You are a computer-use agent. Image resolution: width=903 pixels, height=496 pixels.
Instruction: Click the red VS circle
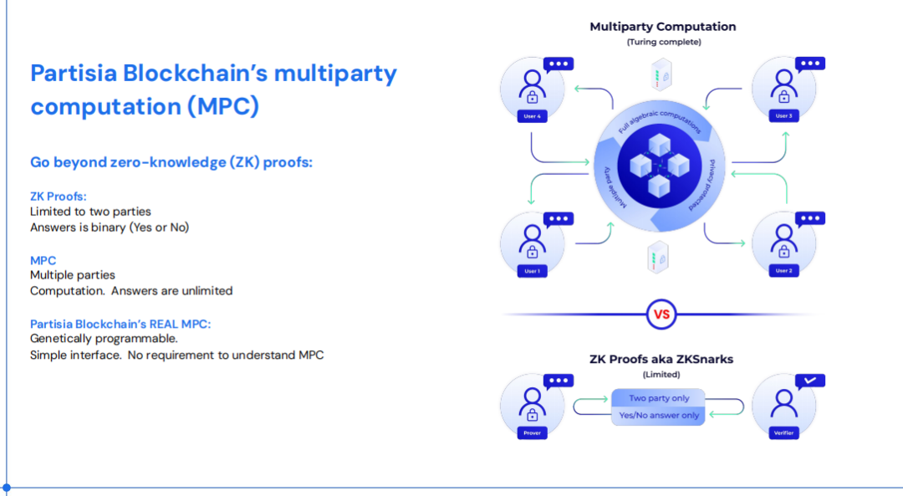(x=661, y=315)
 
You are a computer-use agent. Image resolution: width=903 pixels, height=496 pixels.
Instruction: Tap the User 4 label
(x=532, y=116)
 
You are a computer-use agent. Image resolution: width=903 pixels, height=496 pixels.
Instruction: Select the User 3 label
(x=783, y=116)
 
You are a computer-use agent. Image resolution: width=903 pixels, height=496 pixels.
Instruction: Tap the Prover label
(x=532, y=433)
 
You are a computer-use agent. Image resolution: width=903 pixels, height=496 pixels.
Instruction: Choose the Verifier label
(x=783, y=433)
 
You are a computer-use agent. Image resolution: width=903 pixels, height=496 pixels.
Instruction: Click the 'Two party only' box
(x=658, y=398)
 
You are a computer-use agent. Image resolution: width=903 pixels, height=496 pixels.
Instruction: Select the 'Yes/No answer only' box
(x=658, y=415)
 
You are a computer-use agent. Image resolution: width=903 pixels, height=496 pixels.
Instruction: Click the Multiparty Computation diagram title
(x=663, y=27)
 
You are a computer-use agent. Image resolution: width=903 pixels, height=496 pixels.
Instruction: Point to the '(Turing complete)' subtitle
(x=664, y=42)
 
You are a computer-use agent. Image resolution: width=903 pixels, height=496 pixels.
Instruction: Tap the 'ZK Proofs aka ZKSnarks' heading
(x=662, y=360)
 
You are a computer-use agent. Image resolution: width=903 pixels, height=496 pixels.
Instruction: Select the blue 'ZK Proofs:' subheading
(x=59, y=197)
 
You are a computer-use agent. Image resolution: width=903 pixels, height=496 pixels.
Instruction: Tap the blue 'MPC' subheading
(x=43, y=261)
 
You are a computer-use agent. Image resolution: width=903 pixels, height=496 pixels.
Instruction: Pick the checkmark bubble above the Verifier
(x=809, y=381)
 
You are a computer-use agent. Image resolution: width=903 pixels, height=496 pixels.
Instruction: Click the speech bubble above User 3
(x=809, y=64)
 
